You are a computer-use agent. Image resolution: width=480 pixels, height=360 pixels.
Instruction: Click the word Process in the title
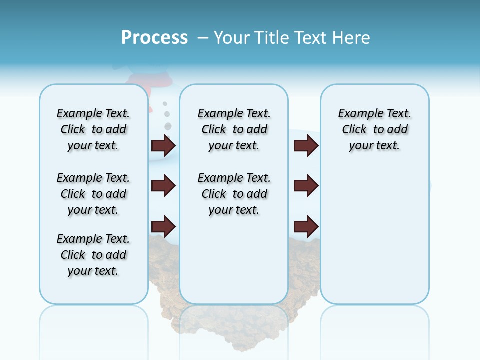[x=154, y=38]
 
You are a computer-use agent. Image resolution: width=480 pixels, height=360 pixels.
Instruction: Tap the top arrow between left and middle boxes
[x=163, y=145]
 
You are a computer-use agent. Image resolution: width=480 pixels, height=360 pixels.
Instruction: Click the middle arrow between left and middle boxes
[x=163, y=186]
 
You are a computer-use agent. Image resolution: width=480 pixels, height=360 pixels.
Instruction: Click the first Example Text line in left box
[x=93, y=113]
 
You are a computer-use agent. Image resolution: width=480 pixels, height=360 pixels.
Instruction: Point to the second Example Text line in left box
[x=93, y=178]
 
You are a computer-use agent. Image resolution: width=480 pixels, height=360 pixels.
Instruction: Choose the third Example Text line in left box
[x=93, y=239]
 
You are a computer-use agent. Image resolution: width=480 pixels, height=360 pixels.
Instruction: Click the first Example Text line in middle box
[x=234, y=113]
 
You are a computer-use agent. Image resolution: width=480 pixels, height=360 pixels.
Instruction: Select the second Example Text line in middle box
[x=234, y=178]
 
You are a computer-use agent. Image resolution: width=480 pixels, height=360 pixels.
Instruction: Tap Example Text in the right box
[x=374, y=113]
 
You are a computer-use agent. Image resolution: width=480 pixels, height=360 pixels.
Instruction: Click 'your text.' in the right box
[x=374, y=146]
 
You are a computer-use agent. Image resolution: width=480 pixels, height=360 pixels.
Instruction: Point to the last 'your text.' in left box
[x=93, y=271]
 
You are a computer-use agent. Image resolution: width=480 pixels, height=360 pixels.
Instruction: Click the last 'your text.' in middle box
[x=234, y=210]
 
